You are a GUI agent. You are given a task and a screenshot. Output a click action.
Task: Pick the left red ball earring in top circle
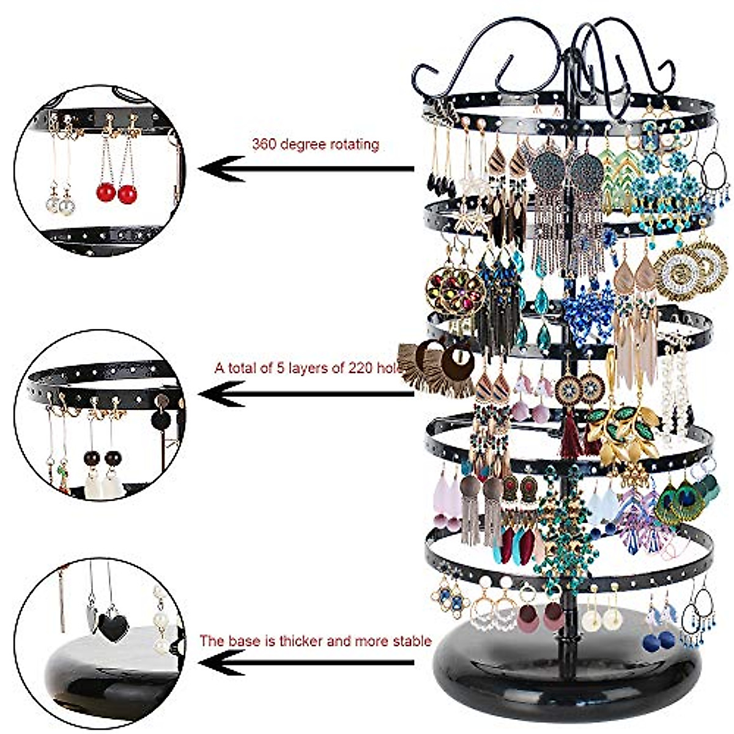click(x=106, y=193)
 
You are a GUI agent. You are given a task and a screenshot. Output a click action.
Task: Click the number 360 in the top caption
click(x=263, y=145)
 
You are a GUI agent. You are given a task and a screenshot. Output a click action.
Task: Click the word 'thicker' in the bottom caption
click(x=303, y=642)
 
